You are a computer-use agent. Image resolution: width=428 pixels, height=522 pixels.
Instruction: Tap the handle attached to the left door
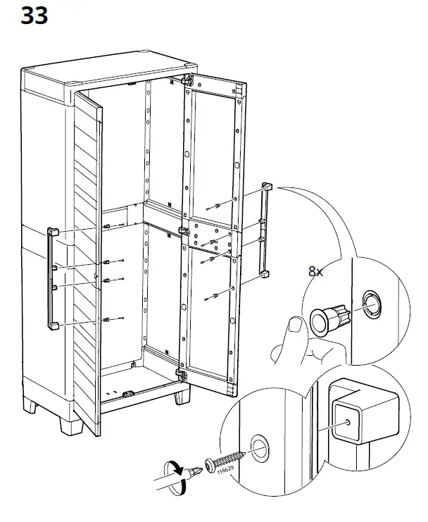click(x=52, y=278)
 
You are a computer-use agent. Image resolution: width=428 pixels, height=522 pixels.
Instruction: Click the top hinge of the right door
click(x=188, y=81)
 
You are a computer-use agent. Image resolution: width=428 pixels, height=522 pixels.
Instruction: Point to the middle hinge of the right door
click(x=186, y=230)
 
